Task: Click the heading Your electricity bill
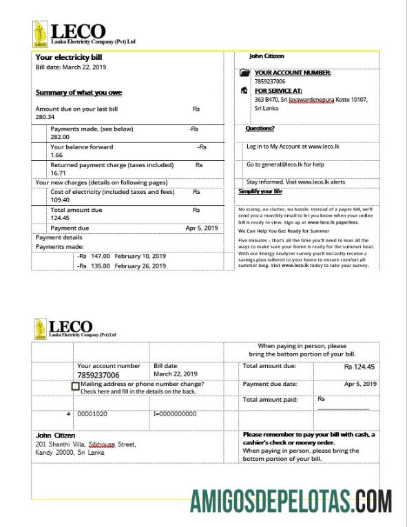pyautogui.click(x=69, y=58)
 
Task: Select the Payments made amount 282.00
pyautogui.click(x=60, y=137)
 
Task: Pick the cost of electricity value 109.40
pyautogui.click(x=60, y=200)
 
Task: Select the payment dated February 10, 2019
pyautogui.click(x=123, y=255)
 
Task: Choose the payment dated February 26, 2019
pyautogui.click(x=123, y=265)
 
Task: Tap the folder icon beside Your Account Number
pyautogui.click(x=244, y=73)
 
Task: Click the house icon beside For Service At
pyautogui.click(x=244, y=90)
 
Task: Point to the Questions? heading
pyautogui.click(x=260, y=129)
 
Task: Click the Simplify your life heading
pyautogui.click(x=260, y=191)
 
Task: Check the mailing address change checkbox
pyautogui.click(x=75, y=387)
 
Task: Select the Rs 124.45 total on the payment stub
pyautogui.click(x=359, y=367)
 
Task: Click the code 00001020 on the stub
pyautogui.click(x=92, y=414)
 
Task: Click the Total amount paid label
pyautogui.click(x=270, y=400)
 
